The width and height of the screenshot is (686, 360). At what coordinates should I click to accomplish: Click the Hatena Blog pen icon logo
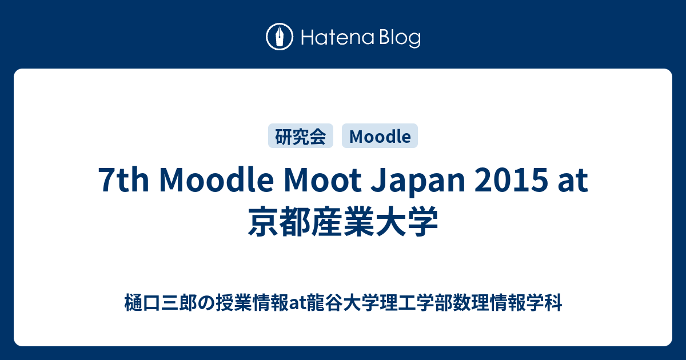[x=280, y=37]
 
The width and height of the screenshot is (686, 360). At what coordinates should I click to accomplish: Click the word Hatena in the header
[x=337, y=37]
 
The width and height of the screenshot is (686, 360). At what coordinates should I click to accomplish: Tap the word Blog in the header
[x=400, y=38]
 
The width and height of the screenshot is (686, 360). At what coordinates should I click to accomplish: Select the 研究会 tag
[x=301, y=136]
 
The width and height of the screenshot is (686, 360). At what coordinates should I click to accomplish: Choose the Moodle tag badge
[x=380, y=136]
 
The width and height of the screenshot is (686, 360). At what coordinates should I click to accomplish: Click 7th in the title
[x=123, y=181]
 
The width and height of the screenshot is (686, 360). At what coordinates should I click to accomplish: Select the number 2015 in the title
[x=511, y=181]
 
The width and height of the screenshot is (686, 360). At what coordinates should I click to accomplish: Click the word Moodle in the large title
[x=216, y=180]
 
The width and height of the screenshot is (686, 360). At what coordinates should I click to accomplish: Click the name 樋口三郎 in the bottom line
[x=161, y=302]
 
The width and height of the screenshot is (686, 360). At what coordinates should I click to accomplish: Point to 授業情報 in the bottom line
[x=252, y=302]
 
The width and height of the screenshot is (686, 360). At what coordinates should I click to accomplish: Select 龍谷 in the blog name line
[x=325, y=302]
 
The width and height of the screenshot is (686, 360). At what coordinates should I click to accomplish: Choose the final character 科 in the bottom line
[x=553, y=302]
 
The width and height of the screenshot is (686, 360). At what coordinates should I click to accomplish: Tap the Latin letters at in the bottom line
[x=298, y=303]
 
